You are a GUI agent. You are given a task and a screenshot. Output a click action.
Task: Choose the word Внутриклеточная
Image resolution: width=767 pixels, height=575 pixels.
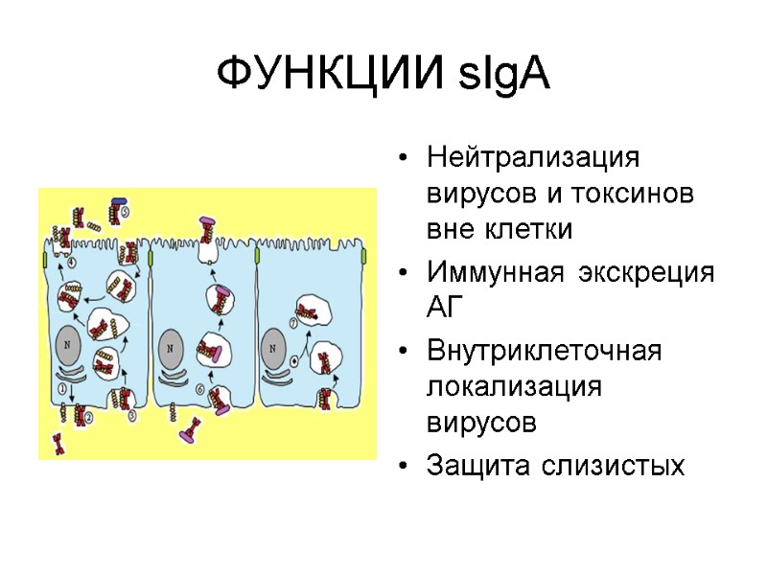(545, 350)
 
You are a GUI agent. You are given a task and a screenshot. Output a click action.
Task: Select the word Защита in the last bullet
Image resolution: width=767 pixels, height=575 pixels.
(478, 466)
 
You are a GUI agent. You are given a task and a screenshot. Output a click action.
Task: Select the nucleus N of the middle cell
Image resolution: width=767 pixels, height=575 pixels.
(172, 347)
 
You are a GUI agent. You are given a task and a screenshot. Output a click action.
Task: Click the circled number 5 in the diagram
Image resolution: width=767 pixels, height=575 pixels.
(125, 211)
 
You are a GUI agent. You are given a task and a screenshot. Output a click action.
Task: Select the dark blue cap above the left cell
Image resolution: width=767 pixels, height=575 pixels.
(119, 201)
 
